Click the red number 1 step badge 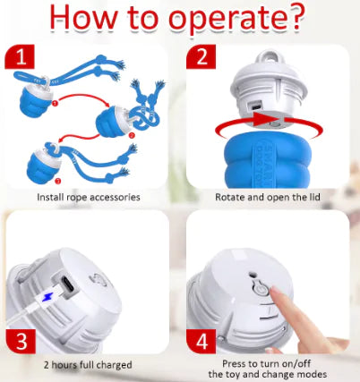pos(20,56)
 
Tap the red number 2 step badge pos(201,56)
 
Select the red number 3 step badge pos(21,341)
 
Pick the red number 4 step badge pos(201,341)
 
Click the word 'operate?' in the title pos(236,19)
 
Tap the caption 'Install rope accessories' pos(89,197)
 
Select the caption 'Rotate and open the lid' pos(268,197)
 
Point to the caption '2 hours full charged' pos(88,365)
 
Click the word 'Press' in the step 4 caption pos(236,364)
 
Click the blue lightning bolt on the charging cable pos(47,297)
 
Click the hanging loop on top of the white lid pos(269,57)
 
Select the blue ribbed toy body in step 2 pos(268,161)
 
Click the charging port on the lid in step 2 pos(255,106)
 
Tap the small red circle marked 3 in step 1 pos(58,181)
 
